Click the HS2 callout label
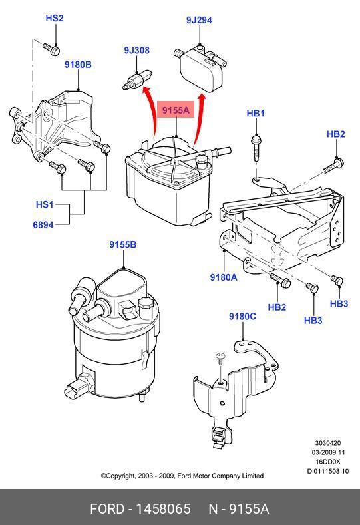(55, 18)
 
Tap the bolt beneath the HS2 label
(52, 49)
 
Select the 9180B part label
(78, 65)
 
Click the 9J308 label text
(136, 50)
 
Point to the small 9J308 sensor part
(137, 79)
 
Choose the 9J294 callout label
(199, 20)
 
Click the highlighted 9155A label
(176, 110)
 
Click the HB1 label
(256, 113)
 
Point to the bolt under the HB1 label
(256, 148)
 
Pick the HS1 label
(45, 204)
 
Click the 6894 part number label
(43, 225)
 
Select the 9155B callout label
(123, 244)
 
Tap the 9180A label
(224, 277)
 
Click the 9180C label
(242, 317)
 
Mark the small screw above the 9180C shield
(220, 359)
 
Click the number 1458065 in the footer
(163, 509)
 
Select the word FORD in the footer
(107, 509)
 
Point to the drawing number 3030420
(328, 443)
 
